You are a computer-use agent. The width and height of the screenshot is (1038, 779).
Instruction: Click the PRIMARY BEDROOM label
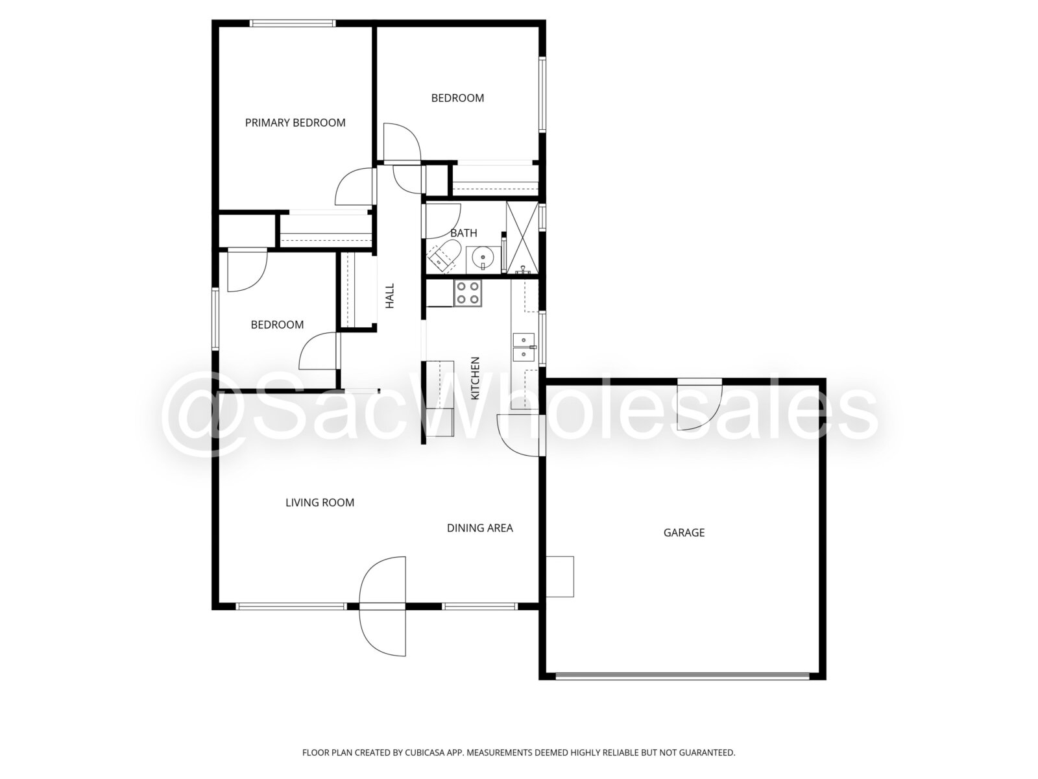coord(295,123)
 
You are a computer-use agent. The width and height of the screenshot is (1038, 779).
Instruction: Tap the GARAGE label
coord(684,533)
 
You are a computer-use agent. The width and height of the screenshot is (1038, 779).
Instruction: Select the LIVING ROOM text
coord(320,502)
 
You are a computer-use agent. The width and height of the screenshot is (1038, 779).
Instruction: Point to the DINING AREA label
coord(479,528)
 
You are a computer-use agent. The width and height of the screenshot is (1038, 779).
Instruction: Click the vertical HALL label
coord(390,296)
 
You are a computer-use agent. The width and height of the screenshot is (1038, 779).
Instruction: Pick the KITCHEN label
coord(476,378)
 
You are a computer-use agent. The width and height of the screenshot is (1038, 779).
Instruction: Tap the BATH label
coord(463,233)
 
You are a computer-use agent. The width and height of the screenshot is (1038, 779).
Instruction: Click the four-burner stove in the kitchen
coord(468,293)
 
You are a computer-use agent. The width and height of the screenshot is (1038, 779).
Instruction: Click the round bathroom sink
coord(483,259)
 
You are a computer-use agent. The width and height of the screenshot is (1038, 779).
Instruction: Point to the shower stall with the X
coord(522,238)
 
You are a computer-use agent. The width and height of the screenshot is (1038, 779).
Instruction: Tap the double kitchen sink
coord(524,347)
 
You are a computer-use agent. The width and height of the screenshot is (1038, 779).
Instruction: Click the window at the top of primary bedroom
coord(293,23)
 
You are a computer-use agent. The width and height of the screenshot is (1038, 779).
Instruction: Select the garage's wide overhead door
coord(682,676)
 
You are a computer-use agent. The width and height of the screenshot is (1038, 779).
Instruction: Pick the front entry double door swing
coord(383,606)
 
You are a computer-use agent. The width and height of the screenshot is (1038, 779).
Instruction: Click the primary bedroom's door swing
coord(355,186)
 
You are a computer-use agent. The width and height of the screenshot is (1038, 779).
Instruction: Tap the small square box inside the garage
coord(560,576)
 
